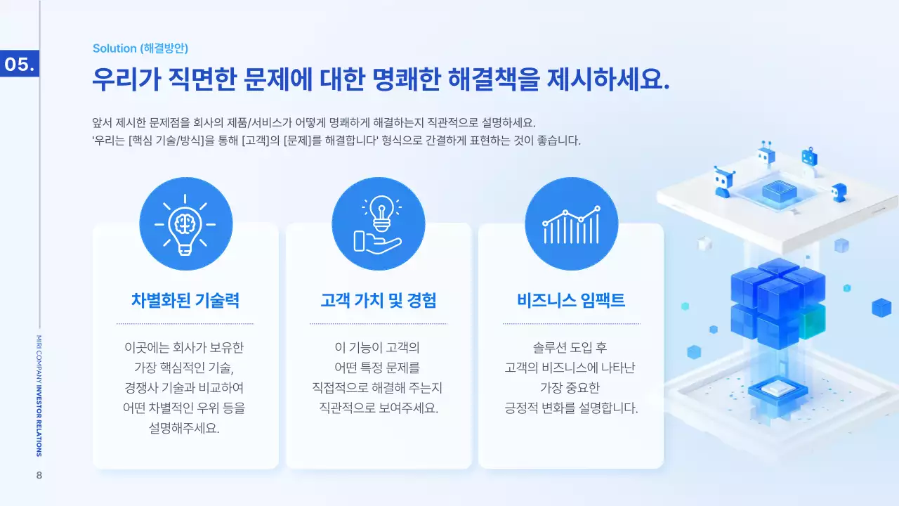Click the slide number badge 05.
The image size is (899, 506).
click(x=19, y=65)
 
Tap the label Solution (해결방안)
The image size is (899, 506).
click(x=140, y=48)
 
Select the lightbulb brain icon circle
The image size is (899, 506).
click(x=185, y=223)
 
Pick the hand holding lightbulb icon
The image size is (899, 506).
click(x=378, y=223)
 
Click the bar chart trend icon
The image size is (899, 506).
click(x=571, y=223)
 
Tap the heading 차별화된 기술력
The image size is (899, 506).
click(x=185, y=300)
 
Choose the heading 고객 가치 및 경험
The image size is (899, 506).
click(x=378, y=300)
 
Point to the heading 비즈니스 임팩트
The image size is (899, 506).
click(x=571, y=300)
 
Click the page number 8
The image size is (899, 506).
click(x=39, y=476)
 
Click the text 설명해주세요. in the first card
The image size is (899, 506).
click(x=185, y=428)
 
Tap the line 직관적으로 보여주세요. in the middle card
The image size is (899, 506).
click(x=378, y=408)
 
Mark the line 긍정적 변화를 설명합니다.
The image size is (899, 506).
click(x=571, y=408)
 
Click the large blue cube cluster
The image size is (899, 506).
click(x=777, y=302)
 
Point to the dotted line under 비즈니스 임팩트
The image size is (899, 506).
click(x=571, y=324)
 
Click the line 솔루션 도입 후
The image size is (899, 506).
click(x=571, y=347)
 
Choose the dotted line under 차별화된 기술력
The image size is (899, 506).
click(x=185, y=324)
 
